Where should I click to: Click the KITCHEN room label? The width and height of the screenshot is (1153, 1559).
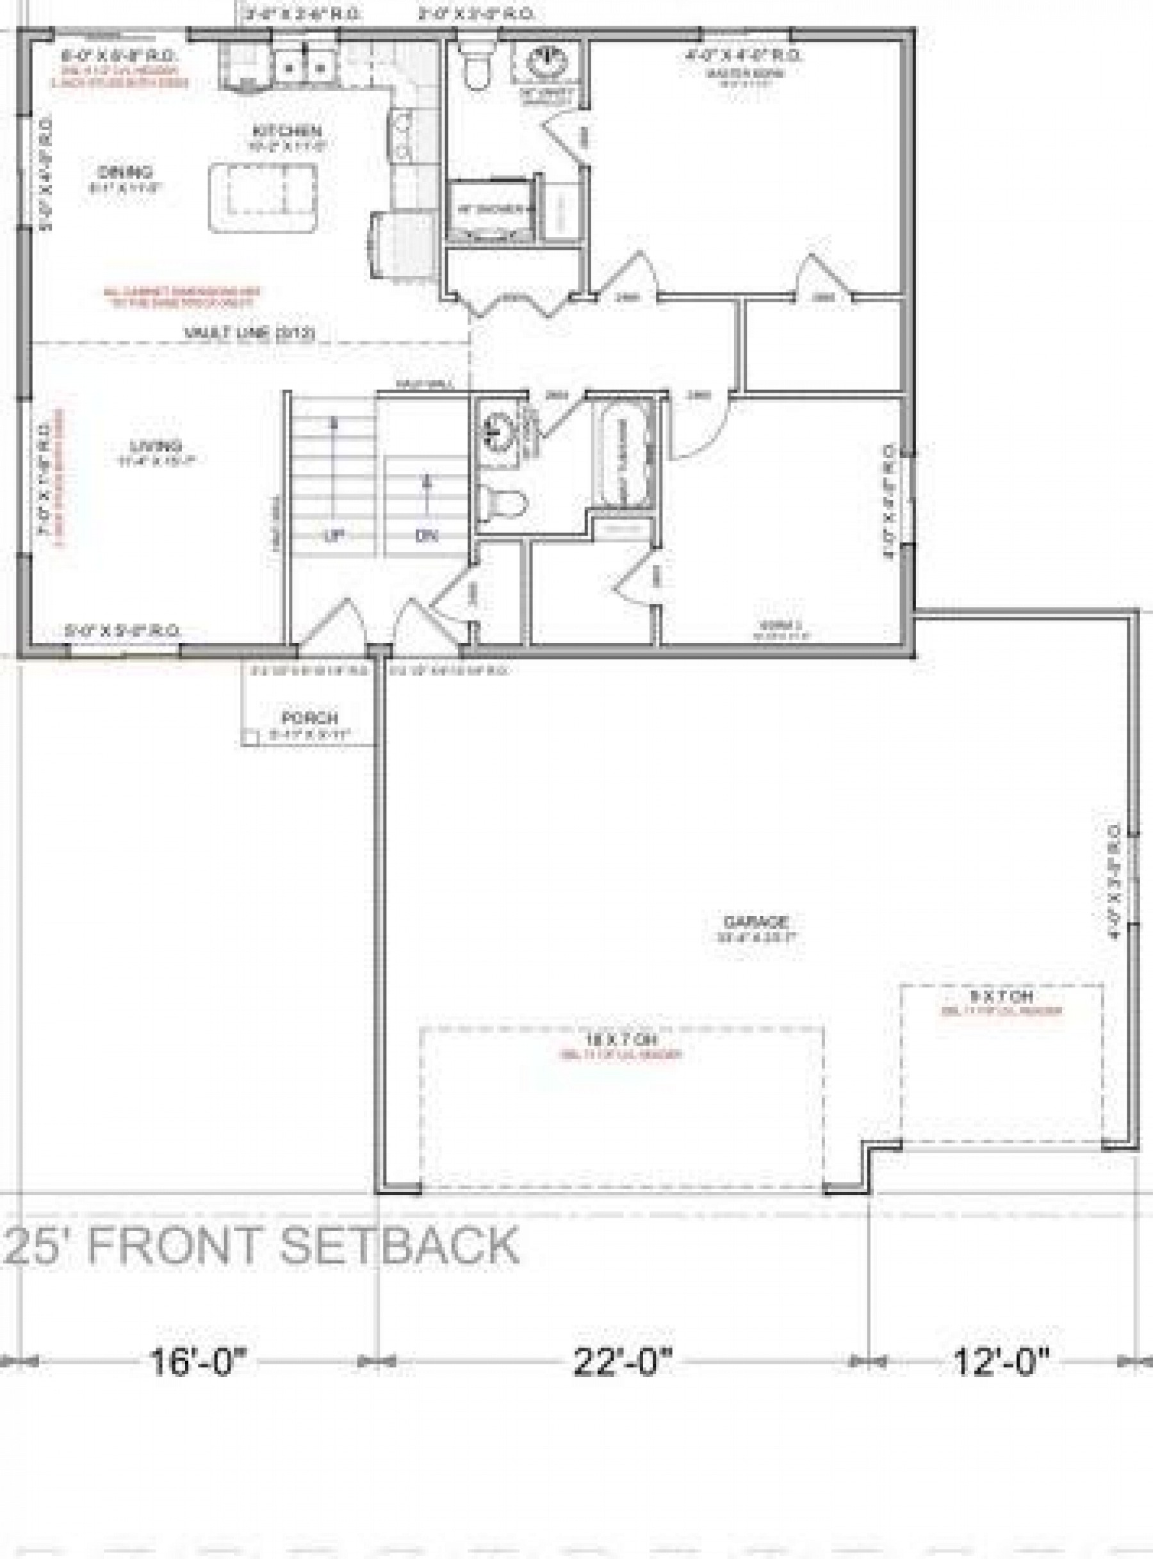click(287, 131)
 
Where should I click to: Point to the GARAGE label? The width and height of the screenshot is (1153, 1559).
click(746, 921)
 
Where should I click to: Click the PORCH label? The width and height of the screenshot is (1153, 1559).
click(310, 717)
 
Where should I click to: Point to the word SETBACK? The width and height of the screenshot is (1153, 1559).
click(400, 1245)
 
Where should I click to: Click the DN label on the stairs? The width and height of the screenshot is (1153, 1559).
click(427, 536)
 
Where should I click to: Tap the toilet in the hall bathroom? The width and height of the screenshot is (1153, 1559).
click(501, 502)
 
